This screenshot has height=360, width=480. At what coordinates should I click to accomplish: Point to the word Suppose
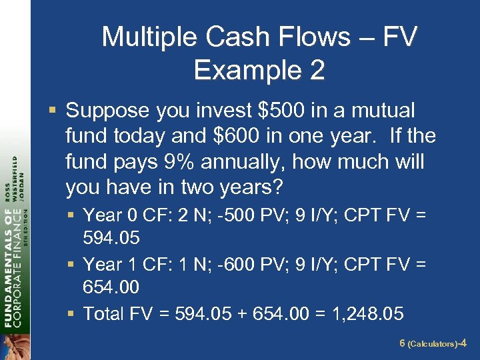coord(107,110)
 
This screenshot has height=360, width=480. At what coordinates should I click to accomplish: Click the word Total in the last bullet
coord(104,313)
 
